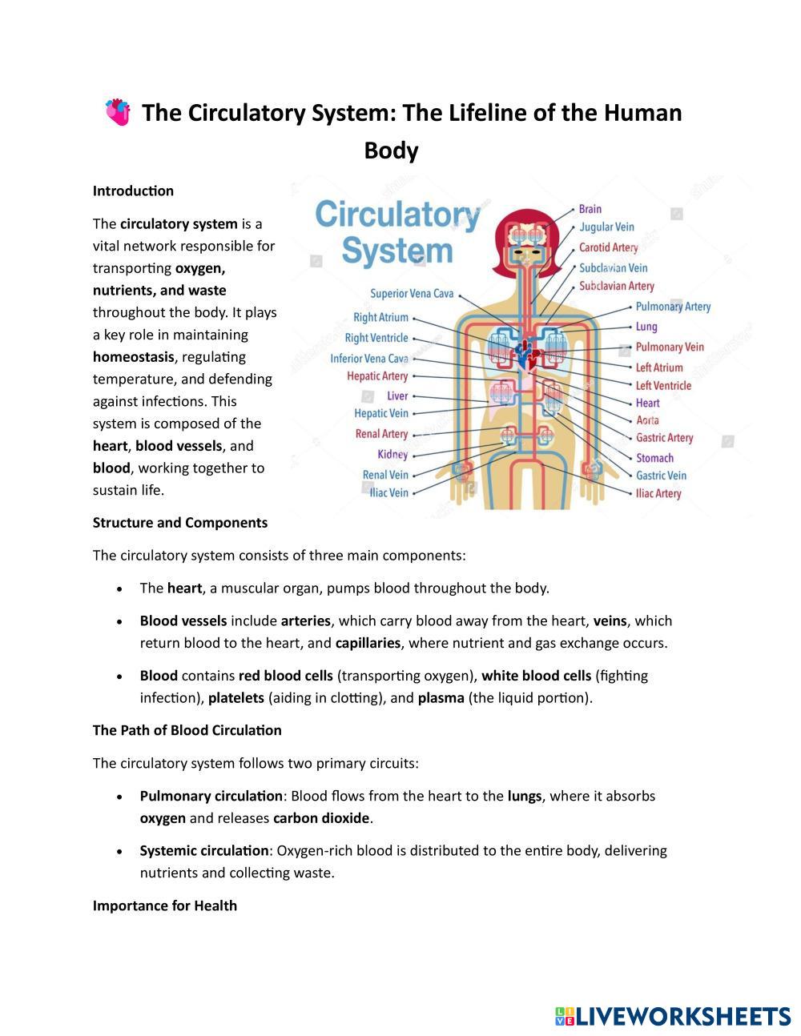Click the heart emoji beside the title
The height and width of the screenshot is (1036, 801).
[118, 112]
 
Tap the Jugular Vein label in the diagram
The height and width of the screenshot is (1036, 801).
[606, 227]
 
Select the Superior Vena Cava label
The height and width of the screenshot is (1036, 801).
[412, 294]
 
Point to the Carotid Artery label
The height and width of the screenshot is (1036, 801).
[608, 247]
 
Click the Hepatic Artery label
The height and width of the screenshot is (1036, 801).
[377, 376]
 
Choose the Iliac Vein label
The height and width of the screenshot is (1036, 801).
[388, 493]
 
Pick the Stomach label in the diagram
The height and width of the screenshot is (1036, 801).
[654, 458]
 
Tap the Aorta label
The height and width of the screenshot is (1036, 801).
[647, 420]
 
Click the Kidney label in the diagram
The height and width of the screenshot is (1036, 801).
[392, 455]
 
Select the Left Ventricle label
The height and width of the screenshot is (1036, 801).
[663, 386]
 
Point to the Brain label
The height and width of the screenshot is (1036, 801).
[590, 209]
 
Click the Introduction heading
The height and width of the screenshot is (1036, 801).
[133, 191]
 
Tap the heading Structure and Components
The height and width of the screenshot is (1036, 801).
[180, 523]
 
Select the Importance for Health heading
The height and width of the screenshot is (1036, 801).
[165, 905]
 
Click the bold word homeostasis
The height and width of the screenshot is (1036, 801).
[133, 357]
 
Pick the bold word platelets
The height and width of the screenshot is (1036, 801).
[235, 697]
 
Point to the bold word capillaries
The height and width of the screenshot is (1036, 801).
[368, 643]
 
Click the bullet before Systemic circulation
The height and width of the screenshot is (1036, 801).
[119, 851]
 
